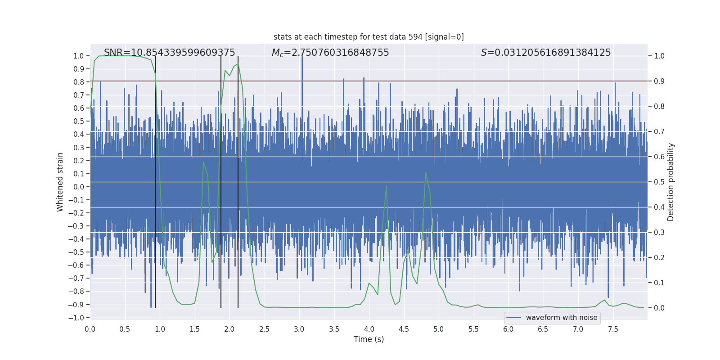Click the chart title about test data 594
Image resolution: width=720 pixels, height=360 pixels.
pyautogui.click(x=369, y=37)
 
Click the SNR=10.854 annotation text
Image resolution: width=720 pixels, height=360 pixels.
pyautogui.click(x=169, y=53)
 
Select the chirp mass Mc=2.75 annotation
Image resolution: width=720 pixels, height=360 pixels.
pyautogui.click(x=330, y=53)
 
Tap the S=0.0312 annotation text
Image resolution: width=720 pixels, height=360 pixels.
pyautogui.click(x=546, y=53)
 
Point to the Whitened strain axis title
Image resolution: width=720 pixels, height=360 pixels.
pyautogui.click(x=60, y=182)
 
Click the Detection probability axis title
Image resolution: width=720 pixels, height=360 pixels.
pyautogui.click(x=671, y=182)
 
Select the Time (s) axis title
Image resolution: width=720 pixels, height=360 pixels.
pyautogui.click(x=369, y=339)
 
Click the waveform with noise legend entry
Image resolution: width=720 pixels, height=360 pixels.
pyautogui.click(x=561, y=318)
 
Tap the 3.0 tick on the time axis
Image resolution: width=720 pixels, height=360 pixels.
pyautogui.click(x=299, y=329)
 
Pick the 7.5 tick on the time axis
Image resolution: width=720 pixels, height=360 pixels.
pyautogui.click(x=613, y=329)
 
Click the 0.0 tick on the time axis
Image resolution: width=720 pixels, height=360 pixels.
pyautogui.click(x=90, y=329)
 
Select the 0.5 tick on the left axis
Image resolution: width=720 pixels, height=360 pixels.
pyautogui.click(x=79, y=121)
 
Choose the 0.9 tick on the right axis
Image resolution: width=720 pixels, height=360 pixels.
pyautogui.click(x=659, y=81)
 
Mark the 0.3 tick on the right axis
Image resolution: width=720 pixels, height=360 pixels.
pyautogui.click(x=659, y=233)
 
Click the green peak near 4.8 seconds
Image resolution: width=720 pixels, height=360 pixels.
pyautogui.click(x=426, y=173)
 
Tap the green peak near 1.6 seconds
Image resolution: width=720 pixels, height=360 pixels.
pyautogui.click(x=203, y=162)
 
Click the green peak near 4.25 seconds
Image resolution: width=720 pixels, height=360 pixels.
pyautogui.click(x=386, y=186)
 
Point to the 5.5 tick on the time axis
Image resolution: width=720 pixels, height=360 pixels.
pyautogui.click(x=473, y=329)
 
